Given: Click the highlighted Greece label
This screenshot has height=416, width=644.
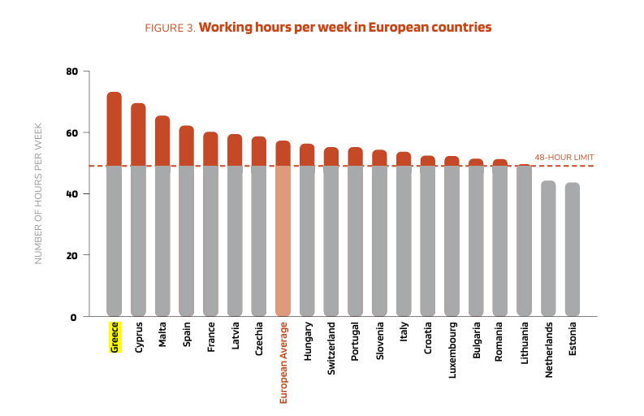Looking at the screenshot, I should (x=115, y=337).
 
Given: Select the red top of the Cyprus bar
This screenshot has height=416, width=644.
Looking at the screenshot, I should (x=138, y=134).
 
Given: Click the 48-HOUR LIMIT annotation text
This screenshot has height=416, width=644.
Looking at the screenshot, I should (x=564, y=158).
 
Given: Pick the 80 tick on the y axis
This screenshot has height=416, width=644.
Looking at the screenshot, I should (x=71, y=71).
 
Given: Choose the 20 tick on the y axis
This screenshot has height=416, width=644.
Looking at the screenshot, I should (x=71, y=255).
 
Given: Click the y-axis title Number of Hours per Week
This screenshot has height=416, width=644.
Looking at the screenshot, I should (x=37, y=194).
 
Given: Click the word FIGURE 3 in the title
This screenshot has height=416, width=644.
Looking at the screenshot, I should (x=170, y=28).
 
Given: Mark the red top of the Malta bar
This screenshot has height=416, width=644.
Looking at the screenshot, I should (x=162, y=141).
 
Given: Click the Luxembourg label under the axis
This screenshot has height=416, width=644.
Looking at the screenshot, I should (x=452, y=351).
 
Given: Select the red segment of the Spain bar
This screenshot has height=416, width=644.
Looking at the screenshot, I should (x=186, y=145).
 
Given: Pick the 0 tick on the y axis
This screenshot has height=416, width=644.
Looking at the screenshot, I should (x=74, y=317).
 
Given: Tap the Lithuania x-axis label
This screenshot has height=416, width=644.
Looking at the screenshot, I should (x=524, y=345).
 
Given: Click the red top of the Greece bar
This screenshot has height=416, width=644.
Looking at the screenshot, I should (x=114, y=128).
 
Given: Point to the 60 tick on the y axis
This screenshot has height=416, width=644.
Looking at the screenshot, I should (x=71, y=132).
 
